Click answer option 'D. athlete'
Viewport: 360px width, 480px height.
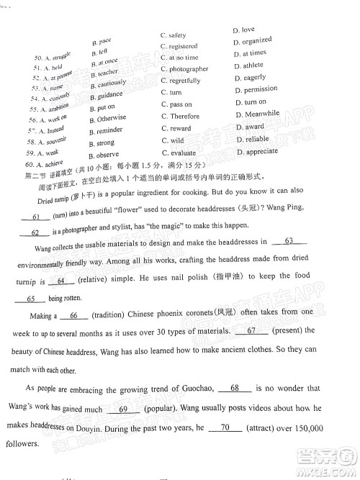[x=248, y=65]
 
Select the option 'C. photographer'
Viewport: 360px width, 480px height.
[x=184, y=69]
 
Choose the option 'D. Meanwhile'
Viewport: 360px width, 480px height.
[x=256, y=114]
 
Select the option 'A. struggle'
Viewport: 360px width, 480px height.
[x=52, y=55]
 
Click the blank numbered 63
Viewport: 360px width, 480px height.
[x=289, y=242]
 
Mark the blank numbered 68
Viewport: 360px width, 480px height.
[x=235, y=388]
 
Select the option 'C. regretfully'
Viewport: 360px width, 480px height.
[x=181, y=81]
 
